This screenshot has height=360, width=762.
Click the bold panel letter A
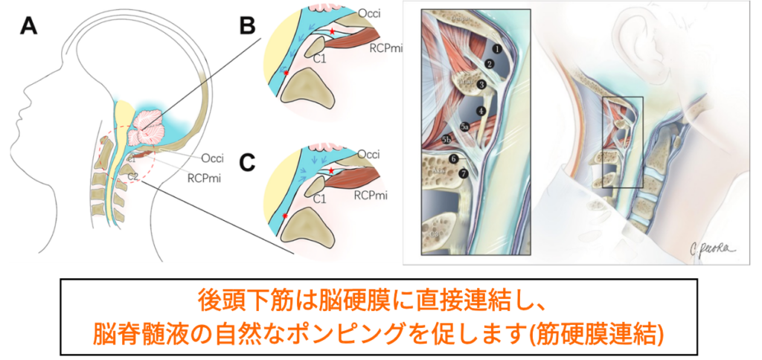pyautogui.click(x=28, y=27)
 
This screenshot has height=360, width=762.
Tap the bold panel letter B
pyautogui.click(x=246, y=27)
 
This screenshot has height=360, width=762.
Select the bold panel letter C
pyautogui.click(x=246, y=162)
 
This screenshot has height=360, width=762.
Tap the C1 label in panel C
pyautogui.click(x=320, y=199)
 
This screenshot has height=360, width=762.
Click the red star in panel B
pyautogui.click(x=331, y=31)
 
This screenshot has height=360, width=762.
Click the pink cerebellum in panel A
pyautogui.click(x=149, y=120)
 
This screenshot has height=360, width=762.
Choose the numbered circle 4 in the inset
pyautogui.click(x=481, y=111)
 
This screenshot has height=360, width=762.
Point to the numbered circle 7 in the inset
pyautogui.click(x=464, y=174)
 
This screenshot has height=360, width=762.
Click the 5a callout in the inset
pyautogui.click(x=465, y=127)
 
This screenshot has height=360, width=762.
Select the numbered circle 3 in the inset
pyautogui.click(x=481, y=85)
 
